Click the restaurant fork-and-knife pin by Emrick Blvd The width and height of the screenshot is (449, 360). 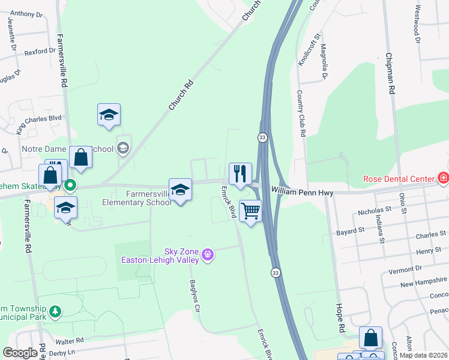click(x=240, y=174)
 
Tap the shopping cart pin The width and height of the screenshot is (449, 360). click(x=250, y=211)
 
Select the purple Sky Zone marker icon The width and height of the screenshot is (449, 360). click(x=208, y=255)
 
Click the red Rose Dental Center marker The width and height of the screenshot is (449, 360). click(x=442, y=178)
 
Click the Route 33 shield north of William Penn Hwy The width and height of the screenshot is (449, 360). click(x=262, y=137)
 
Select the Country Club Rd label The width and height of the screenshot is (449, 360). click(x=301, y=114)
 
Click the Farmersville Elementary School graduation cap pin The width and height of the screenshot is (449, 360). click(x=180, y=190)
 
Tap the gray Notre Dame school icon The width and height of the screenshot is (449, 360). click(x=122, y=148)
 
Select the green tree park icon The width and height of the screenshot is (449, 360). click(x=55, y=311)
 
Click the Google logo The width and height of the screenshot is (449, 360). click(x=20, y=353)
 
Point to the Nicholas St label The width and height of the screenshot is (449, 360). click(x=375, y=211)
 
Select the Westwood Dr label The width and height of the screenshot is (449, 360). click(x=417, y=23)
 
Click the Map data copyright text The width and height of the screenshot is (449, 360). click(x=423, y=355)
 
